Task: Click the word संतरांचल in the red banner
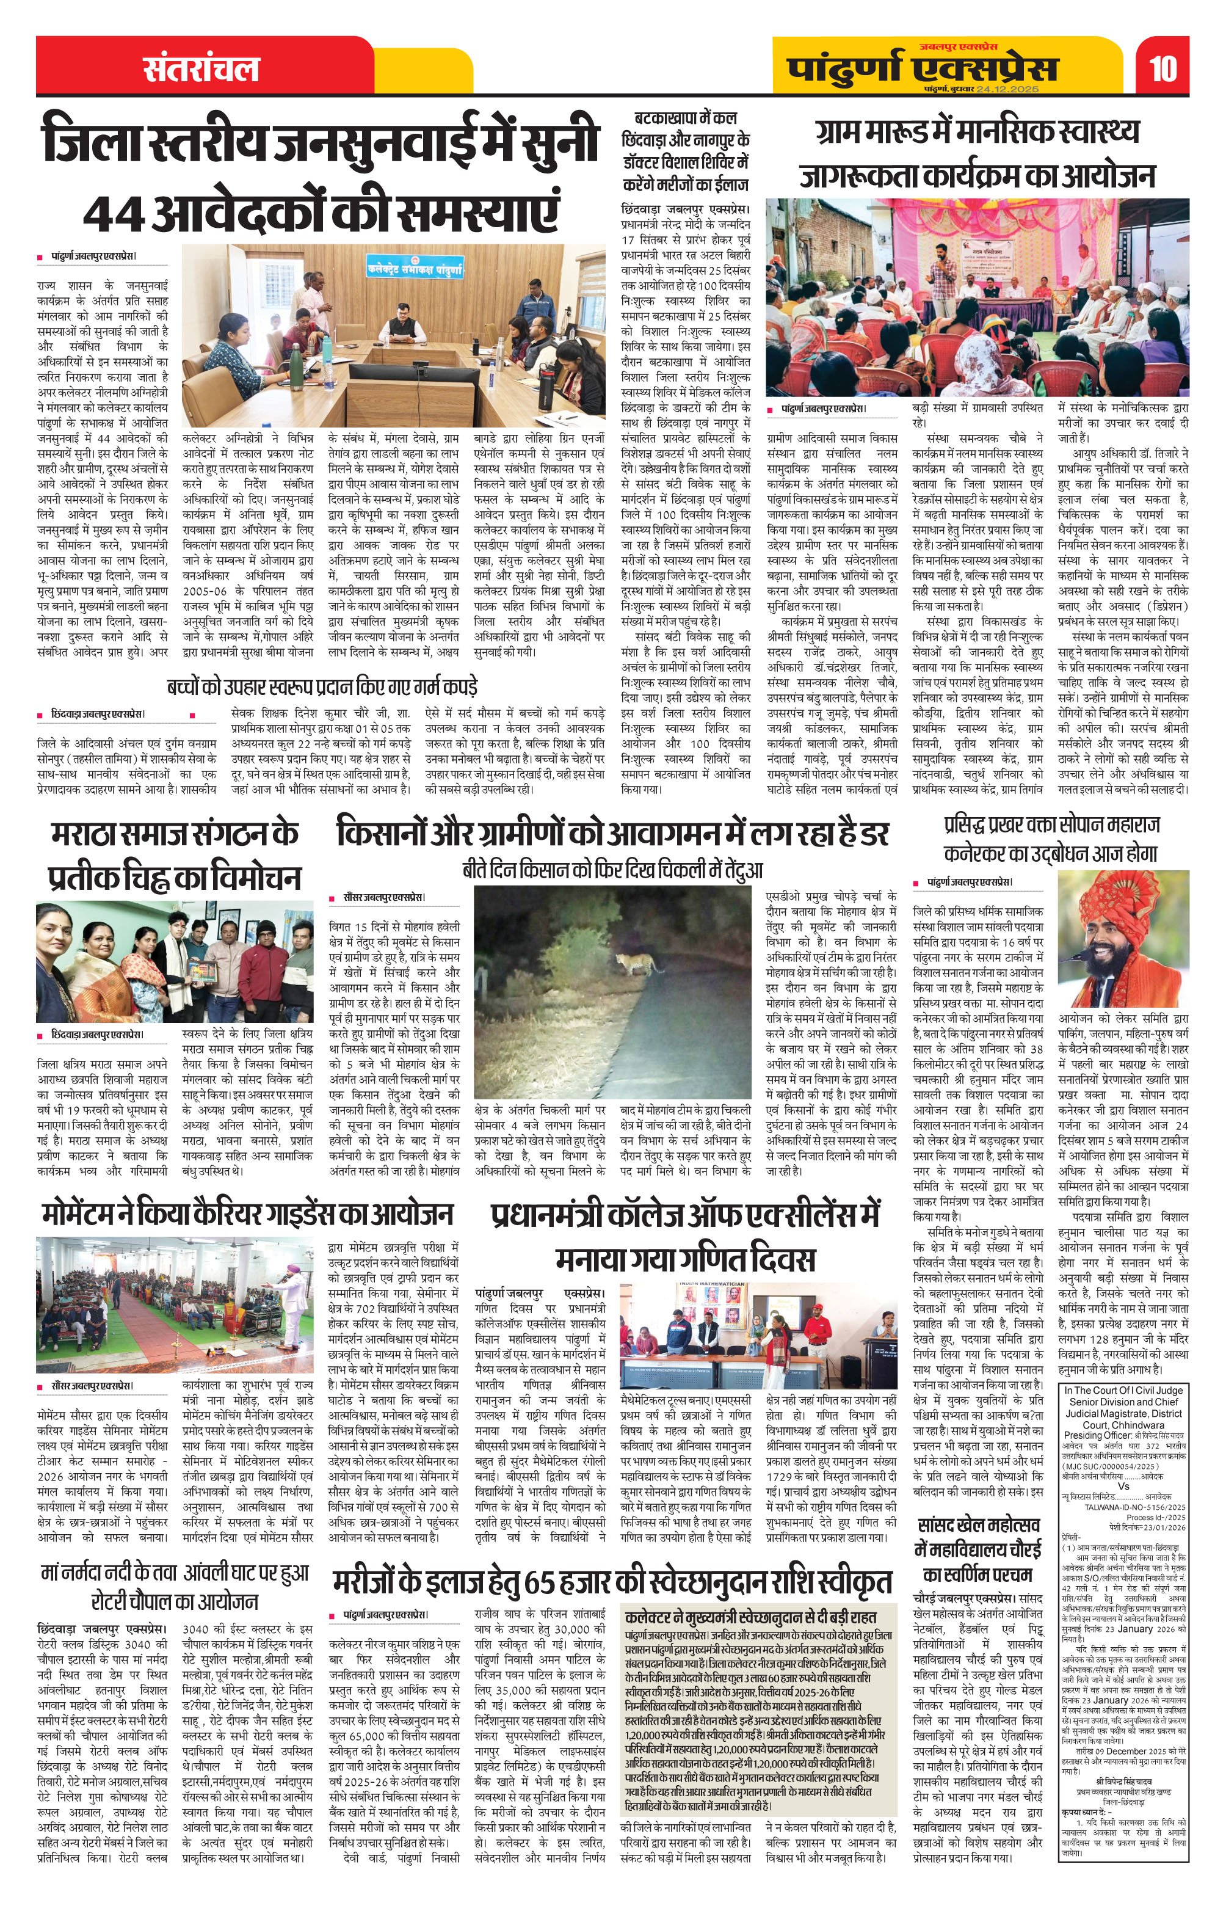201,68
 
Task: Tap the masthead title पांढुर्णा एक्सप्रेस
923,67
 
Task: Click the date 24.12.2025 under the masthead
1007,89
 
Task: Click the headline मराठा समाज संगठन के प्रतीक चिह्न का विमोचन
173,854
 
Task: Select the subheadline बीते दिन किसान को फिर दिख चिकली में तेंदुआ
612,870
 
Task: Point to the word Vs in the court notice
1123,1486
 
